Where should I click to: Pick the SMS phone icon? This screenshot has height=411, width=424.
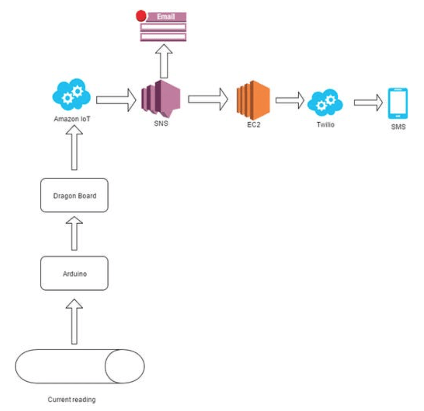397,103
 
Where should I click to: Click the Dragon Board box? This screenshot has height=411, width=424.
74,195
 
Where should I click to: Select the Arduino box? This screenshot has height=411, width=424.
74,273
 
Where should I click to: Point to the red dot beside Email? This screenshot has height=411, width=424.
142,16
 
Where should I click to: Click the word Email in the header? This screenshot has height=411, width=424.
166,16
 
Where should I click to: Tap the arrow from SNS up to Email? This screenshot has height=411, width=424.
163,62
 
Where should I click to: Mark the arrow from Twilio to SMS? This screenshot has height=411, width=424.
369,102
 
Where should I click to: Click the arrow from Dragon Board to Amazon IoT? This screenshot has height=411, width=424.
74,149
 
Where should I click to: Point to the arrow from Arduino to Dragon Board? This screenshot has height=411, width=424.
74,233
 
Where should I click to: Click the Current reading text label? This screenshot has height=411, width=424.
72,400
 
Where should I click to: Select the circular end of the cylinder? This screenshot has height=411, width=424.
125,367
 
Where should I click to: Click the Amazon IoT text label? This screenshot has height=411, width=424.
71,120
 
